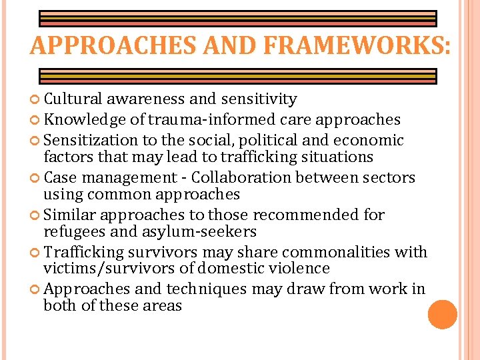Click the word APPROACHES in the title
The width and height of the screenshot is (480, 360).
(106, 46)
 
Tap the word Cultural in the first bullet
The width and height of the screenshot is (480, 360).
(73, 99)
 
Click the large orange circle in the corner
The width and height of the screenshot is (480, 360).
(443, 314)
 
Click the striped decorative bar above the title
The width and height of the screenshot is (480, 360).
(237, 18)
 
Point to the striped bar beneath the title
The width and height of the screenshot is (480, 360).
(237, 75)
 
